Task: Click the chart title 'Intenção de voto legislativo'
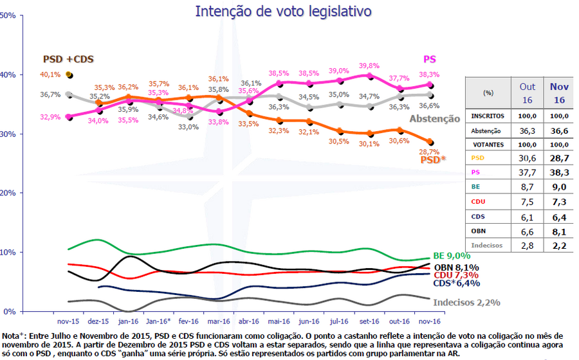(283, 12)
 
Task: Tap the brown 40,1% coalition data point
(69, 75)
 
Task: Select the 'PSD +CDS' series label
(68, 59)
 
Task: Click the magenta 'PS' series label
(430, 59)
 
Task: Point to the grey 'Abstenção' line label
(435, 118)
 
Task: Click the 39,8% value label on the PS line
(369, 66)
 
